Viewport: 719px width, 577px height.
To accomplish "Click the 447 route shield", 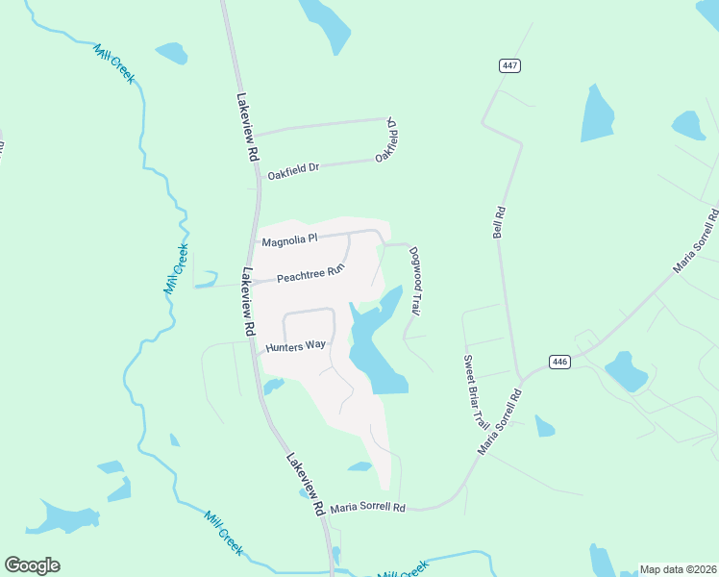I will coord(509,65).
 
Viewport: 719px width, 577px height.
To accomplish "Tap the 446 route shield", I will coord(560,362).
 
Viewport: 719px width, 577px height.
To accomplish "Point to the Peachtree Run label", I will coord(310,275).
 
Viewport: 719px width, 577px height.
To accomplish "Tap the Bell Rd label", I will coord(498,221).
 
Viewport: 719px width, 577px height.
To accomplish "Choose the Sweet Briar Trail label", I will coord(476,392).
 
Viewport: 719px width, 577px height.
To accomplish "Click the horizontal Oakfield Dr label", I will coord(293,171).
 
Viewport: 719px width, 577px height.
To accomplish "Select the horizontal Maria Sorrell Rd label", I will coord(367,507).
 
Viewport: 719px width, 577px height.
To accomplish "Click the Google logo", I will coord(32,565).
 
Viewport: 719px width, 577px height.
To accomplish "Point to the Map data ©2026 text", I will coord(678,569).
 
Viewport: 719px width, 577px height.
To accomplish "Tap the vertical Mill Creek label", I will coord(175,269).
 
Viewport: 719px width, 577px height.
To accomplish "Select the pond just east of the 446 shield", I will coord(625,370).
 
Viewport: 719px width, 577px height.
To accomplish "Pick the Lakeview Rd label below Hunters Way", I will coord(305,486).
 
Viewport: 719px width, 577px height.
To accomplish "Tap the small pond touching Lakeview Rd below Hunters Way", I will coord(274,387).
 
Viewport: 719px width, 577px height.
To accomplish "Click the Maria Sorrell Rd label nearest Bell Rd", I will coord(501,423).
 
